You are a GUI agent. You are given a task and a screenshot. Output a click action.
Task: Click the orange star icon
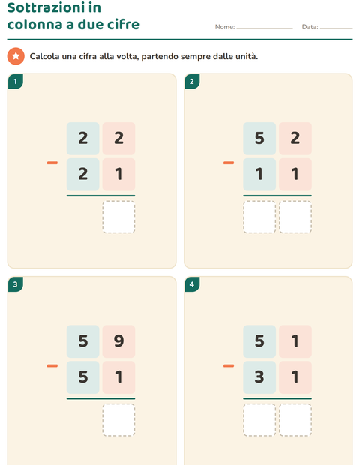click(16, 56)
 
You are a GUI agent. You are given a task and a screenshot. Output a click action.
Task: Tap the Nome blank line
click(265, 28)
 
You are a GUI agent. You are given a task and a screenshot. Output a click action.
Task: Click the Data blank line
click(336, 28)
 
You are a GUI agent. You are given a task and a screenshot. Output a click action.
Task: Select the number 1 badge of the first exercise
click(16, 81)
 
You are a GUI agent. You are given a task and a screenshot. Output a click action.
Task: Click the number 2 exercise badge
click(192, 81)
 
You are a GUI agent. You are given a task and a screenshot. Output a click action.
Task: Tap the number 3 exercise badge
click(16, 284)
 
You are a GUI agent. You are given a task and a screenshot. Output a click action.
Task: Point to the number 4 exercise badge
click(192, 284)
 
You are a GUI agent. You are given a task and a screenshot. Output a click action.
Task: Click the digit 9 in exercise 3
click(118, 340)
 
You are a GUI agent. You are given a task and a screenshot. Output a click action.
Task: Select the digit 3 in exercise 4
click(259, 376)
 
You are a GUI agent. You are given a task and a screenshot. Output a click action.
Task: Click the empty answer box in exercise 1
click(118, 217)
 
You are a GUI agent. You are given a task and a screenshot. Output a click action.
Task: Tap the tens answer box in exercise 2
click(259, 217)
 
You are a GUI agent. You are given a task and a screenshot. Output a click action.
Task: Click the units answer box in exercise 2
click(295, 217)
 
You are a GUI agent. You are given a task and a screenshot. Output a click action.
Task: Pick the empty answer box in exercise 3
click(118, 420)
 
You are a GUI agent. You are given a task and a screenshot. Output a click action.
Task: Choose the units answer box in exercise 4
click(295, 420)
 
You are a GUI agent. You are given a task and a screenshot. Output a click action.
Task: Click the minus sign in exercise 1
click(52, 163)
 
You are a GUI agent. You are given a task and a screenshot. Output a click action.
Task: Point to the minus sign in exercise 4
click(229, 365)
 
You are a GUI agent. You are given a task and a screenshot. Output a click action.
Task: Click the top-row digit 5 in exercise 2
click(259, 138)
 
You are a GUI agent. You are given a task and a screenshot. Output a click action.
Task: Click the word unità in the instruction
click(247, 56)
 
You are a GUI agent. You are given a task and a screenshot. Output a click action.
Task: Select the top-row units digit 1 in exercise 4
click(295, 340)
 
